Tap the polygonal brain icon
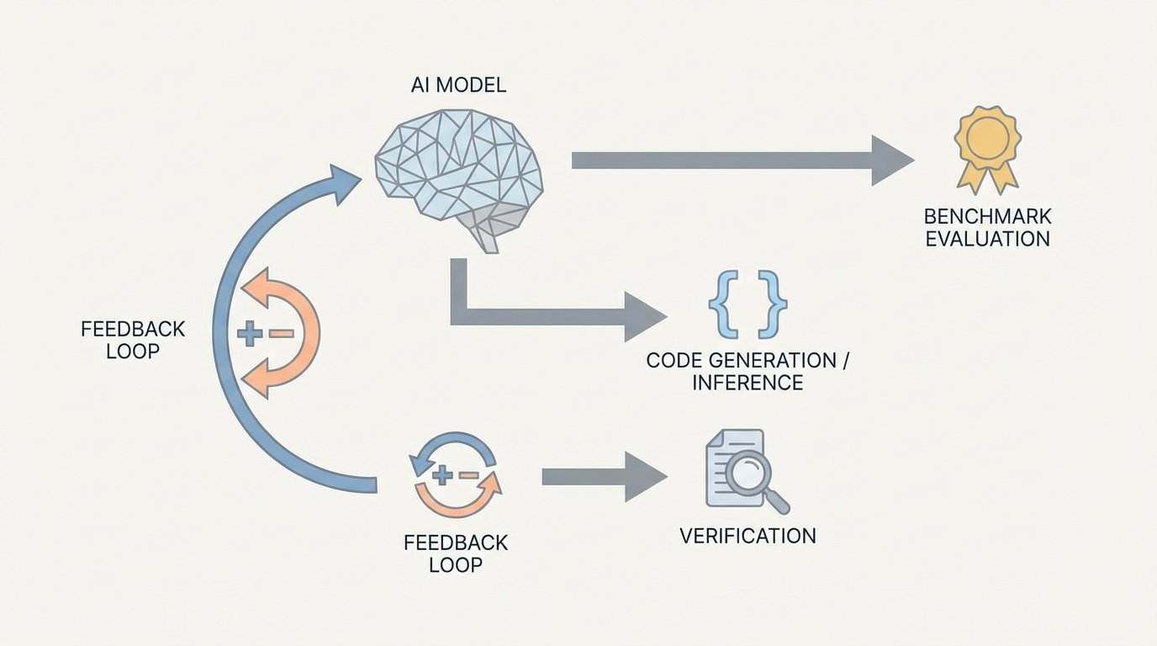coord(458,172)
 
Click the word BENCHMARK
coord(987,217)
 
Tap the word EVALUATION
coord(987,239)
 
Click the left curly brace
coord(721,304)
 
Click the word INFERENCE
coord(747,383)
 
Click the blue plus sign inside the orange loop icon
coord(250,334)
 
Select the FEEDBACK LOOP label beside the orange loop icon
coord(133,340)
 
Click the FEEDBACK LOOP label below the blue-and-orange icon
coord(455,553)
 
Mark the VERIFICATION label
coord(747,536)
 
